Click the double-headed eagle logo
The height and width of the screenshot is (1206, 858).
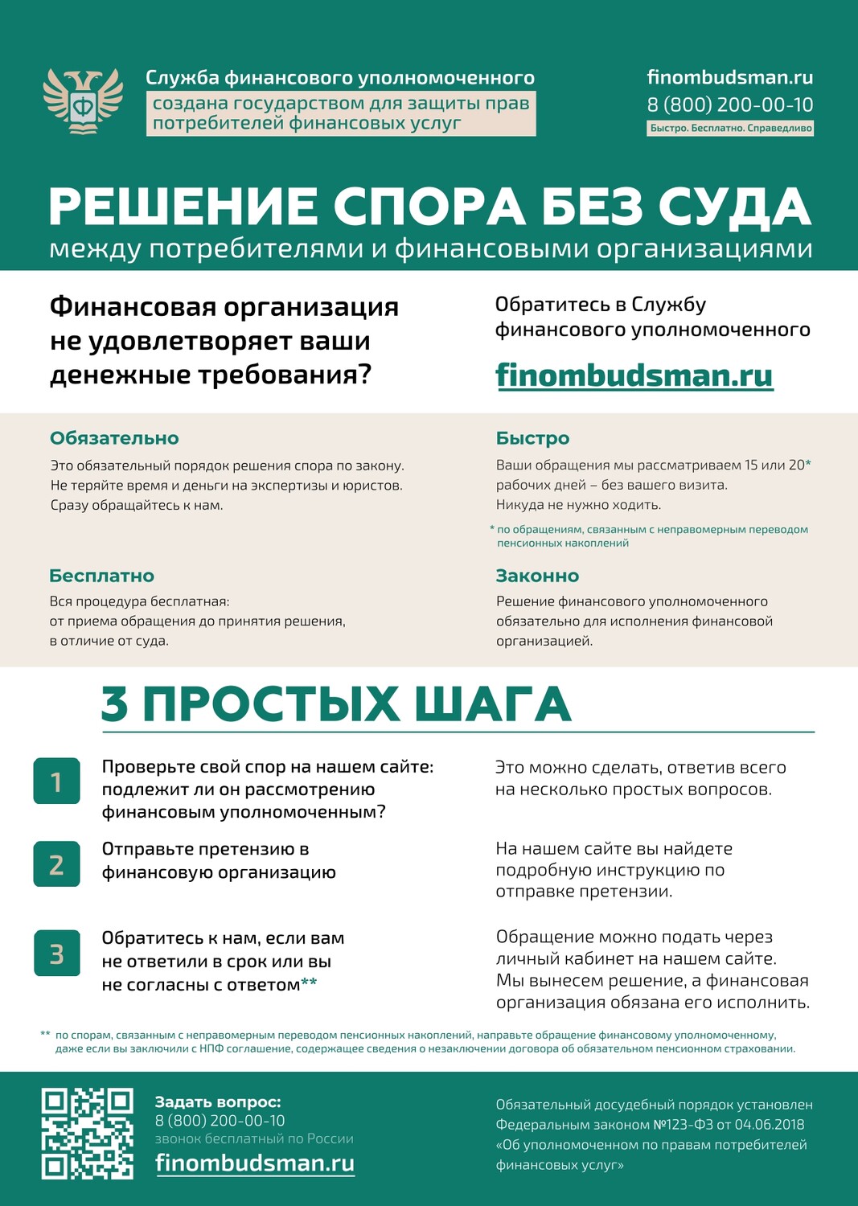pos(83,101)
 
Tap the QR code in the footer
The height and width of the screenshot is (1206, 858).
pos(87,1134)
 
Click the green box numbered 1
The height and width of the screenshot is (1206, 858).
pos(56,781)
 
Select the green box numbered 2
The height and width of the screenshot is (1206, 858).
pos(56,864)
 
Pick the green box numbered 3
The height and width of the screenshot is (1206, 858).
pos(56,953)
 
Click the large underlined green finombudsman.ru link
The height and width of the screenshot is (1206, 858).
pos(634,375)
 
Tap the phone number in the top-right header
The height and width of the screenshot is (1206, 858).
pos(729,105)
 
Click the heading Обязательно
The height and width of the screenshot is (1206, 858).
pos(114,438)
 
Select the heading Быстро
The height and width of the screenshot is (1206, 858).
pos(532,438)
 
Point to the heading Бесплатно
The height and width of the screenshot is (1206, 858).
pos(101,576)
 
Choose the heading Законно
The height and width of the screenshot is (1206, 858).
pos(537,576)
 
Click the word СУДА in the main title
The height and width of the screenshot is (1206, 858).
pos(734,207)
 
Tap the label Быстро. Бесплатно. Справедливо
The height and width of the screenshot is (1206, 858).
pos(730,129)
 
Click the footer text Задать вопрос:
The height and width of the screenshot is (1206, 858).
pos(218,1102)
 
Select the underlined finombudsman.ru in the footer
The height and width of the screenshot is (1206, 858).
pos(254,1163)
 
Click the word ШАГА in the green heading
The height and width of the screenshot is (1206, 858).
pos(492,704)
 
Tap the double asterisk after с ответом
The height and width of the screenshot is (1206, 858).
pos(309,982)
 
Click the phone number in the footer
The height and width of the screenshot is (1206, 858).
pos(220,1121)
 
